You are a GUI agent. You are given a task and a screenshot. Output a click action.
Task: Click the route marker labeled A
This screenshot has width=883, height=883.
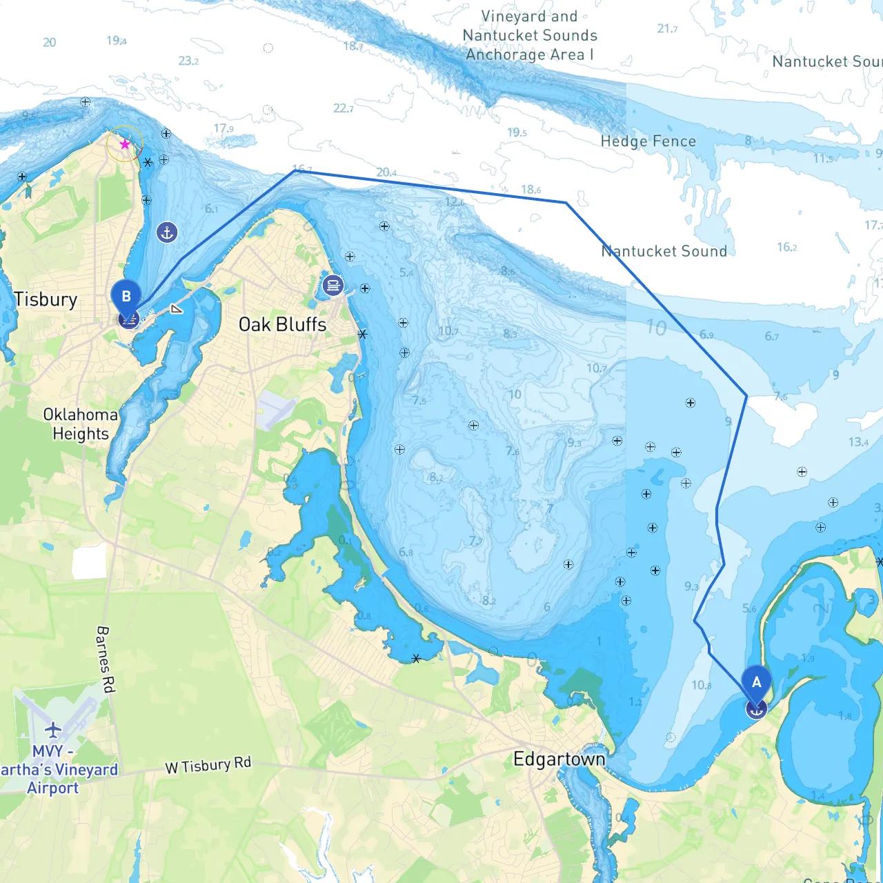click(756, 683)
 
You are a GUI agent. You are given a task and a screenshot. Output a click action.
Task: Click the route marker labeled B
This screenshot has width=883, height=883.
click(126, 297)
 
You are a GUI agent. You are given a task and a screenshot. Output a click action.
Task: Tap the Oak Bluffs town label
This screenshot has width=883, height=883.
click(282, 324)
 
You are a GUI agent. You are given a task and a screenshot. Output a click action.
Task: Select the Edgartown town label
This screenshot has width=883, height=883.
click(559, 760)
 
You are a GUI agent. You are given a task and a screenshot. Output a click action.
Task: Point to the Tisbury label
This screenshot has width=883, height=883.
click(46, 299)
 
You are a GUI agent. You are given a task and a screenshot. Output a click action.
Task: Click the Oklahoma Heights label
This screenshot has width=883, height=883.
click(81, 424)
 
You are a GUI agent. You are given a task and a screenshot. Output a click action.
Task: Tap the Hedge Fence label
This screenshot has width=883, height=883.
click(648, 141)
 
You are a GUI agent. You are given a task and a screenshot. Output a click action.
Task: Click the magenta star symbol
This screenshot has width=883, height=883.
click(125, 144)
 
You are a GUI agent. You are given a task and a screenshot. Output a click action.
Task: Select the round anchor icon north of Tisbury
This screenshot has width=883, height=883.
click(167, 232)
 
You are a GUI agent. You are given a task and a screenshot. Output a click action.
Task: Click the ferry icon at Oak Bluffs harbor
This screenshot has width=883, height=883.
click(333, 285)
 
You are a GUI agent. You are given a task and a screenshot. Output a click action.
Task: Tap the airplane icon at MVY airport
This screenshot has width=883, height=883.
click(53, 729)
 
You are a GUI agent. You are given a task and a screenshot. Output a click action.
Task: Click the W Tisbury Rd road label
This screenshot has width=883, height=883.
click(208, 765)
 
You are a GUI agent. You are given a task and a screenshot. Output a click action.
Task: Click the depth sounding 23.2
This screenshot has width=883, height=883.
click(188, 61)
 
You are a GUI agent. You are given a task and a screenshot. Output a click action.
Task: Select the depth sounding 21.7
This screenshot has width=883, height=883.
click(667, 28)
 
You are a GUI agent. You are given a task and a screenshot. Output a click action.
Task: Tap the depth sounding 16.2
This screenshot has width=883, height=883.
click(786, 247)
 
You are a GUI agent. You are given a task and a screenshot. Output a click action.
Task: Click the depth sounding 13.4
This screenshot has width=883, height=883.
click(858, 441)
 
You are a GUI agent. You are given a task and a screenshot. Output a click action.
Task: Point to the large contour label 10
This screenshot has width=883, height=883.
click(656, 328)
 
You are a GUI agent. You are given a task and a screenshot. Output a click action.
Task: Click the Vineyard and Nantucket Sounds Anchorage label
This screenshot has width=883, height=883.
click(530, 35)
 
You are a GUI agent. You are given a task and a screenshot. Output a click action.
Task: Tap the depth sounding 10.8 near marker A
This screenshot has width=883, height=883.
click(701, 685)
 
